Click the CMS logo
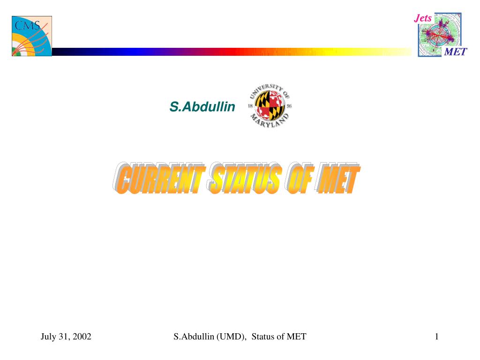32,36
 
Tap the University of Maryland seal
270,105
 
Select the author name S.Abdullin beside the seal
202,106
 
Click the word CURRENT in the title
159,179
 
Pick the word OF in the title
300,179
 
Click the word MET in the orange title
338,179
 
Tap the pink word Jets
423,18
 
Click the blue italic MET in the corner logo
456,52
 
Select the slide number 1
436,337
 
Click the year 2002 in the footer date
82,337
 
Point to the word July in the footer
48,337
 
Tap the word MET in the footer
297,337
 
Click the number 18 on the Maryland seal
250,106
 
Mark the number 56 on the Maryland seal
289,106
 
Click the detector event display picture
440,35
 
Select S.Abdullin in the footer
194,337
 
